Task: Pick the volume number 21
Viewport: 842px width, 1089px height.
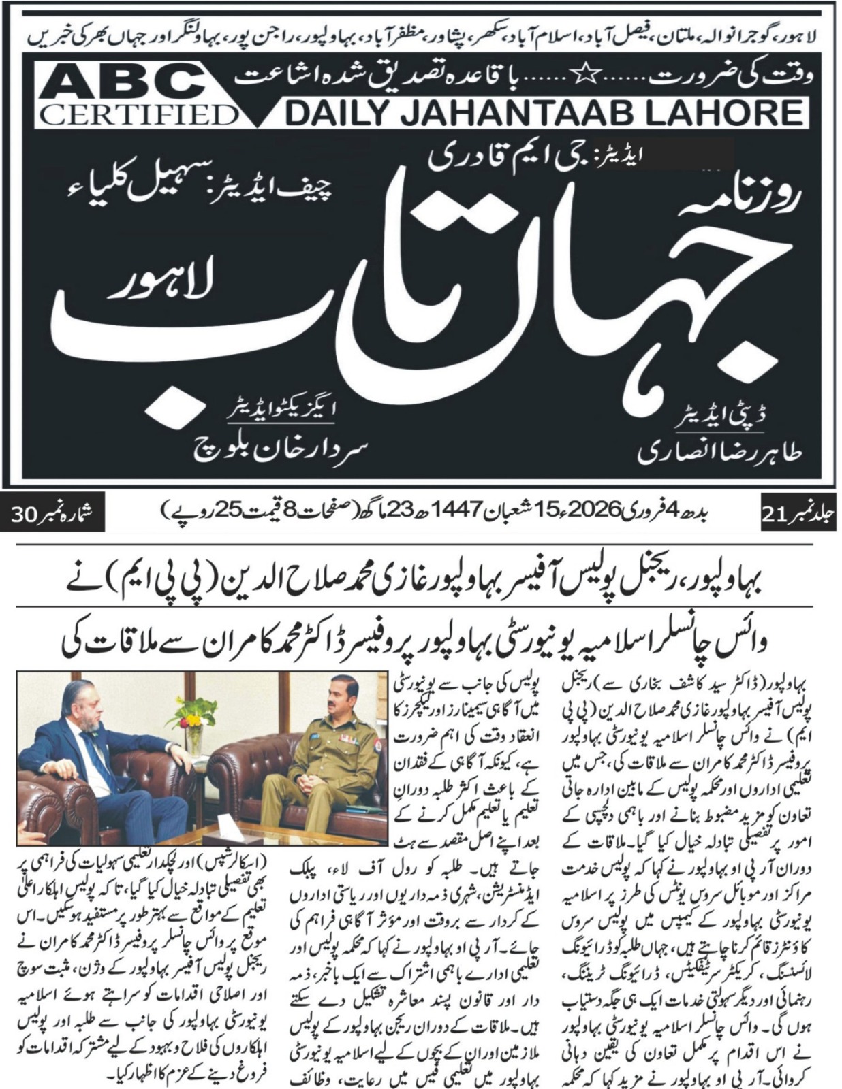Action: click(776, 517)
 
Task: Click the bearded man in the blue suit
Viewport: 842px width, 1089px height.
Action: click(82, 755)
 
